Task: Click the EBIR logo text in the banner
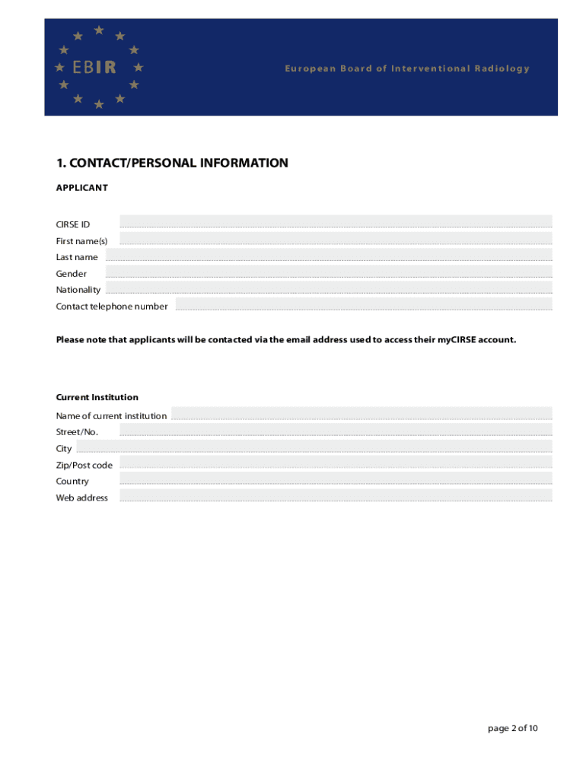tap(94, 68)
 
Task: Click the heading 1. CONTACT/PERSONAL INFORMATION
tap(172, 163)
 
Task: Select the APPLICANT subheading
tap(81, 187)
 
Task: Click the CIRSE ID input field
tap(336, 221)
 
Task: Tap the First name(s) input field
tap(336, 238)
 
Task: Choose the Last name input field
tap(336, 254)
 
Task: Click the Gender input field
tap(329, 271)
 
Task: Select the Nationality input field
tap(329, 287)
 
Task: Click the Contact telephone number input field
tap(364, 304)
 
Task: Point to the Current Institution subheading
tap(97, 397)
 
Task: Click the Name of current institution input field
tap(361, 413)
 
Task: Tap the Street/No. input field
tap(336, 430)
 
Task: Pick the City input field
tap(336, 446)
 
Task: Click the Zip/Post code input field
tap(336, 462)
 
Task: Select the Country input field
tap(336, 479)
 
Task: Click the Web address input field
tap(336, 494)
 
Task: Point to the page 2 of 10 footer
tap(513, 728)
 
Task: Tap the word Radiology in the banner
tap(502, 68)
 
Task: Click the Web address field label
tap(81, 498)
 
